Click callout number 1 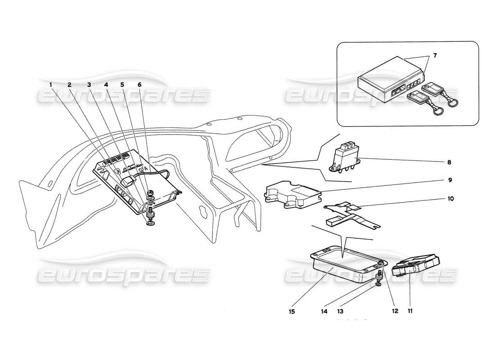coord(51,84)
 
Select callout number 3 coord(89,84)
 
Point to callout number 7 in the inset coord(435,55)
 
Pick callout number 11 coord(410,310)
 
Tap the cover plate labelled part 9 coord(292,195)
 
